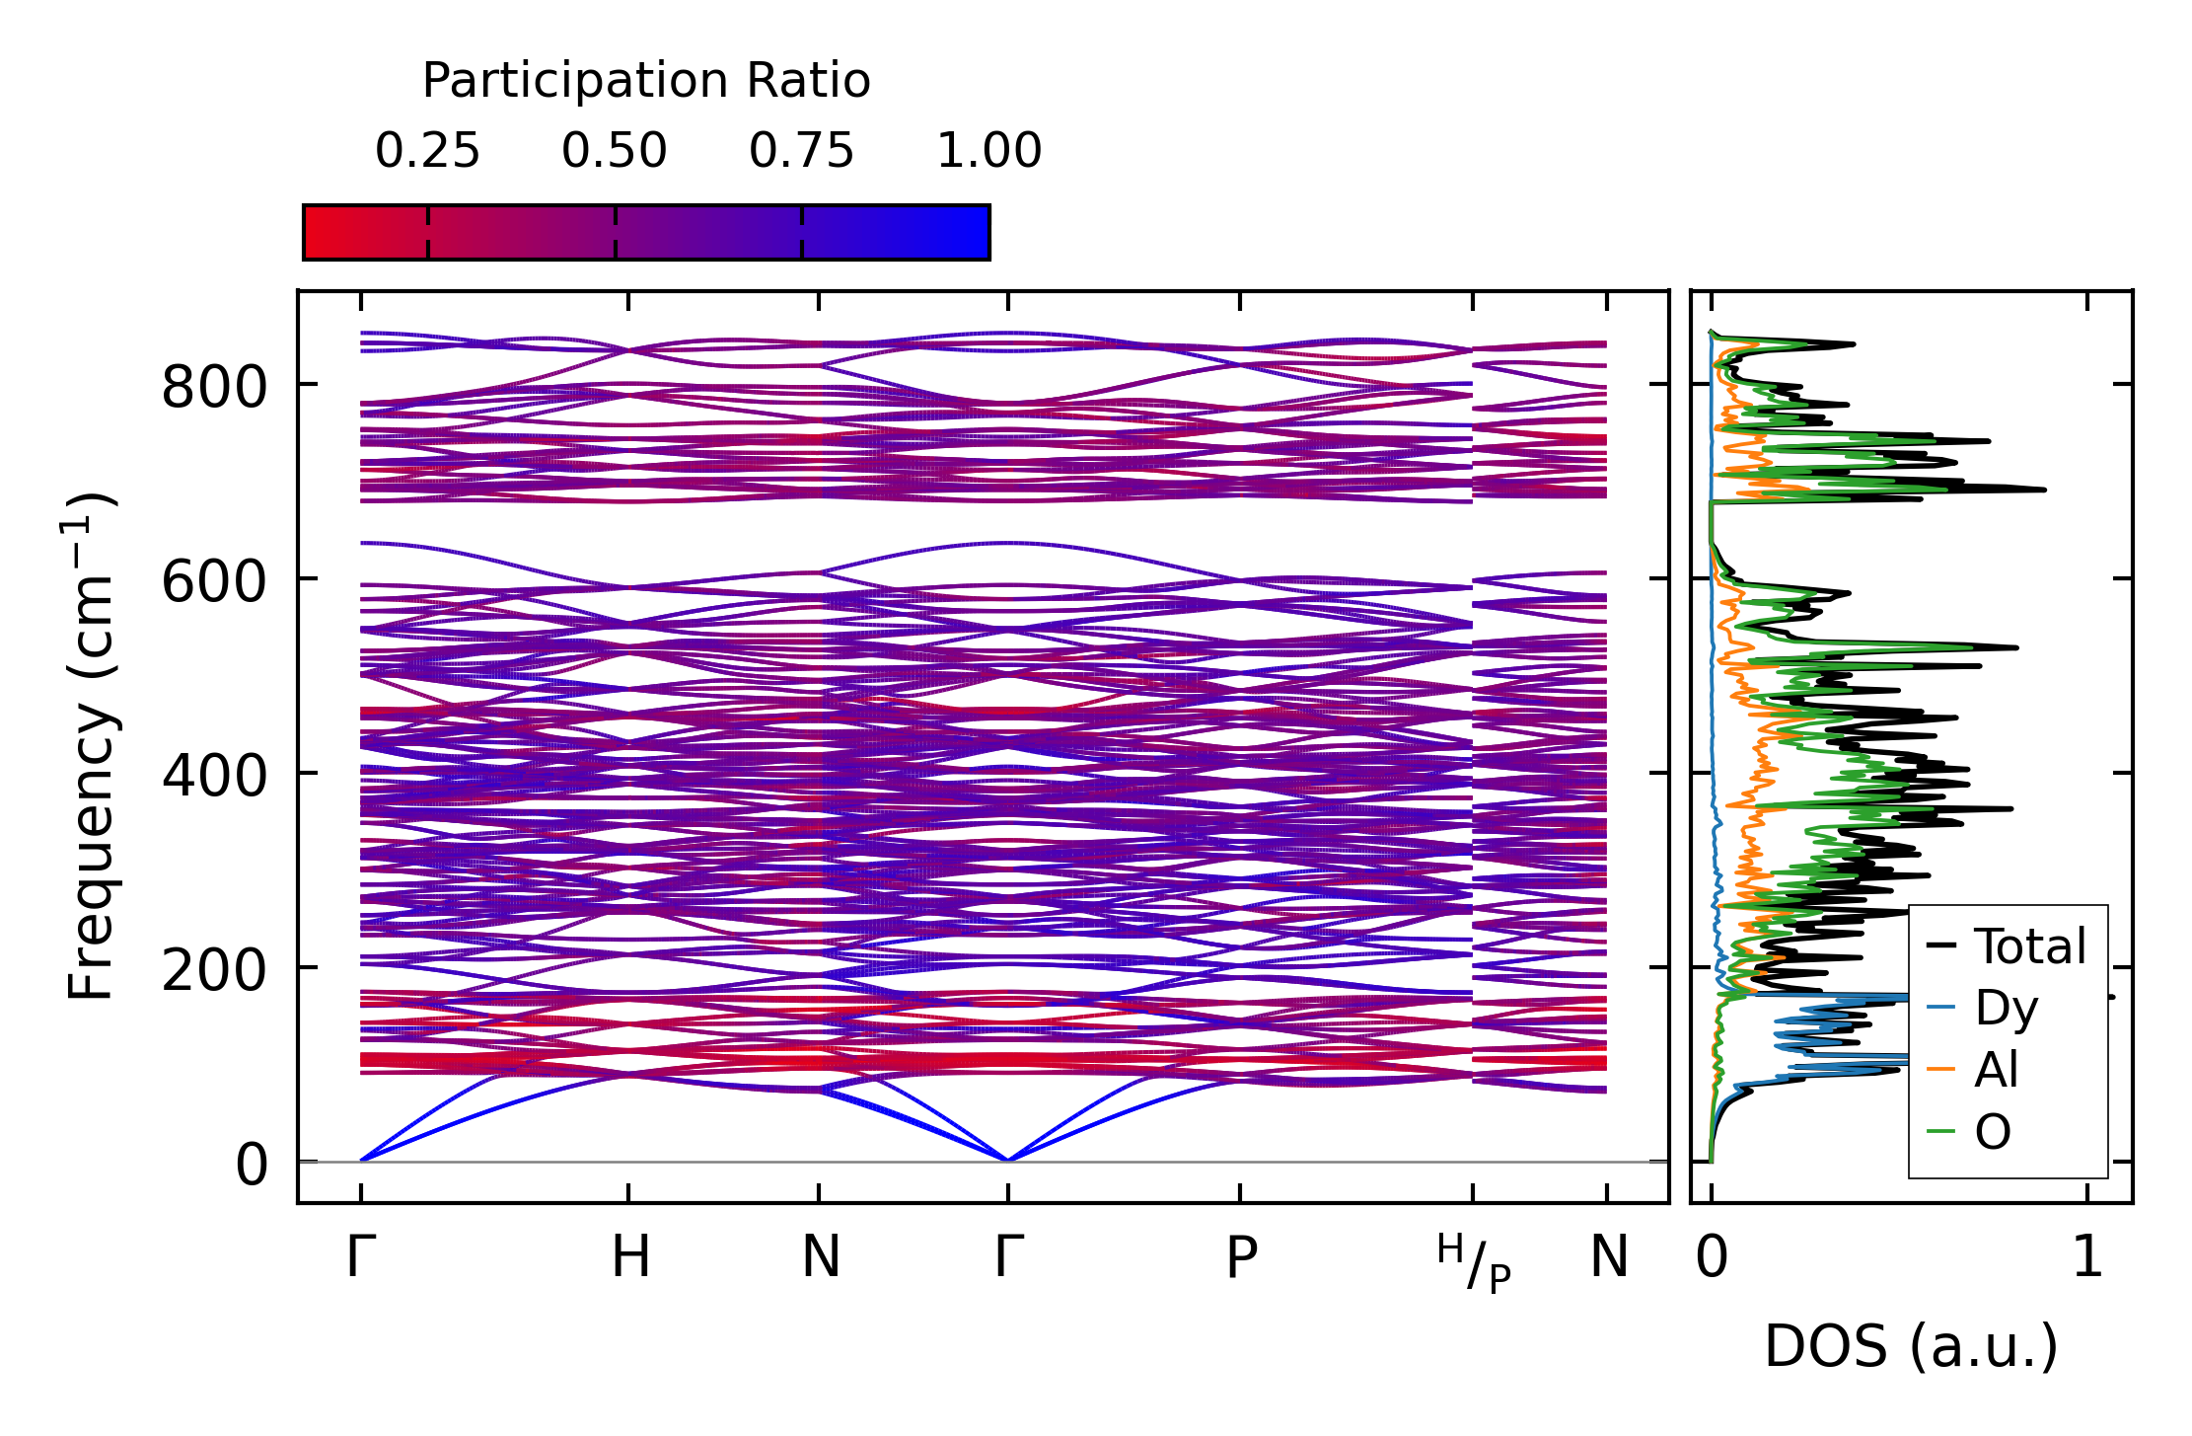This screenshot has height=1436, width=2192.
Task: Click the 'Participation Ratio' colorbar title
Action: pos(646,81)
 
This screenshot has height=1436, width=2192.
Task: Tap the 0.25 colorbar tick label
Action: pos(427,151)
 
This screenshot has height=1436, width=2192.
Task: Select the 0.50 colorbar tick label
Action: pos(615,151)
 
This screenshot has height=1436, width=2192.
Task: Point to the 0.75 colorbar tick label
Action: pos(801,151)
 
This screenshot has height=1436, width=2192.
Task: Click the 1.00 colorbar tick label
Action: pos(988,151)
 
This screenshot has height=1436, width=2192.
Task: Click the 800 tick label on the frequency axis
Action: pos(214,386)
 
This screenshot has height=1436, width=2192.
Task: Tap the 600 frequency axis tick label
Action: pos(214,580)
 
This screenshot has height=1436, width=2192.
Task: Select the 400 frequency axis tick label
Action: pos(214,775)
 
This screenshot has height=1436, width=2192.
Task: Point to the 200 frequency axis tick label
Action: pos(214,969)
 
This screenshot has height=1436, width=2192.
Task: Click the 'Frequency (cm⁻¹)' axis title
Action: pos(92,747)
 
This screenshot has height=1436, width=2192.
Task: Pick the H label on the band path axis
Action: pos(629,1257)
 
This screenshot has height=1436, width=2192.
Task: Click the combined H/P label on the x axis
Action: pos(1474,1262)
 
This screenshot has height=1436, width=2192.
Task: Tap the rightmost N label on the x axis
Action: pos(1609,1257)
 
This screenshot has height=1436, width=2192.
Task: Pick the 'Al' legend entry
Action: pos(1996,1070)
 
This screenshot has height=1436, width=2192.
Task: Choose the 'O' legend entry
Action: pos(1993,1132)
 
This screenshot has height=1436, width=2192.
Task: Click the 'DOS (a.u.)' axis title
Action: pos(1911,1347)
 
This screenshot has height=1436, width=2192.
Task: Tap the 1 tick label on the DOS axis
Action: pos(2087,1257)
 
